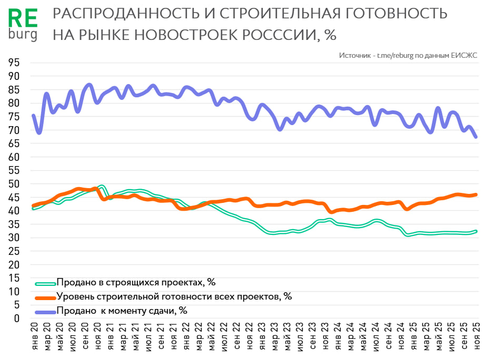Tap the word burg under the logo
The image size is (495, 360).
point(24,34)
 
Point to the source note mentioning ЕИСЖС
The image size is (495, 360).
point(408,55)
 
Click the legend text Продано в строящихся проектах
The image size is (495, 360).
point(136,282)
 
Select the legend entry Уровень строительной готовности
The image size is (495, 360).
point(174,296)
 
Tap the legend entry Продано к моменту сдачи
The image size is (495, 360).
point(122,311)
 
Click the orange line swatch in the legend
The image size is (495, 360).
point(45,297)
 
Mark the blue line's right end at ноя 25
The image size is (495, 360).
point(476,137)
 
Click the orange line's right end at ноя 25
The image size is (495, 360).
point(476,194)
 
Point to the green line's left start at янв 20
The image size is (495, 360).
point(34,209)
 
